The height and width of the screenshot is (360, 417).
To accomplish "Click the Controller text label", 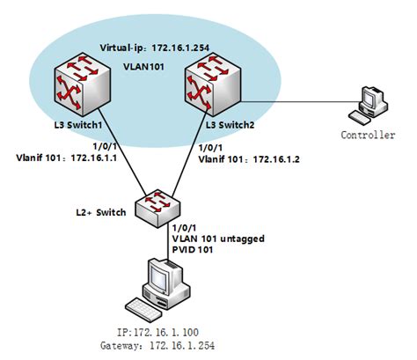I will coord(364,135).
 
